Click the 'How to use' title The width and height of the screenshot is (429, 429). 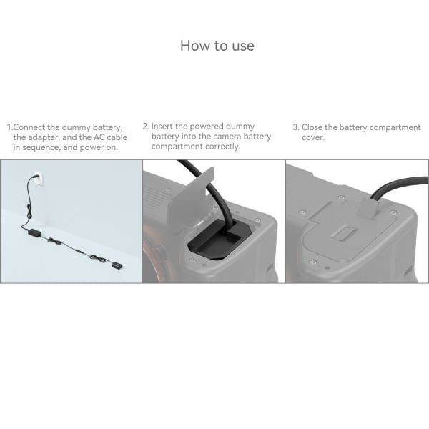tap(217, 46)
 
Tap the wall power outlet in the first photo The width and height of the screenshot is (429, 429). tap(36, 177)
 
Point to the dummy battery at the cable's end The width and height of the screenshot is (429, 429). tap(117, 266)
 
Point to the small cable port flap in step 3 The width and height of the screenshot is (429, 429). tap(366, 208)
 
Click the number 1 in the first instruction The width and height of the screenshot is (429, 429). tap(9, 127)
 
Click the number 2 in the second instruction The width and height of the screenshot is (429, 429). tap(144, 127)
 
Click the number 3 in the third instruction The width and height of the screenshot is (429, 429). tap(295, 127)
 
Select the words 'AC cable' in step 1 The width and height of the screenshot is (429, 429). tap(104, 137)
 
